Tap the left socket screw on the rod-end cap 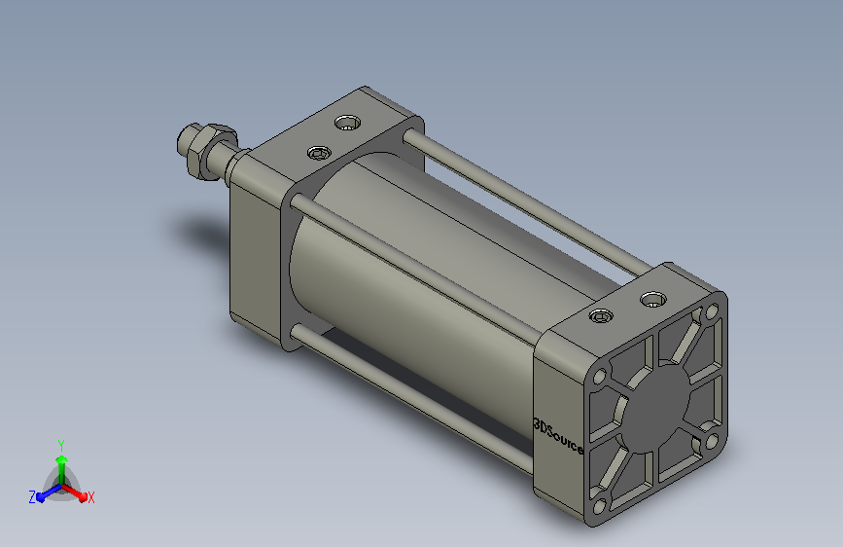[319, 154]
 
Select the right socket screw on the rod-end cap [347, 123]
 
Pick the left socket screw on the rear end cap [601, 316]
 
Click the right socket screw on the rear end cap [653, 300]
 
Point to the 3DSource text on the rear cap [558, 435]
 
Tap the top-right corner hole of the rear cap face [712, 311]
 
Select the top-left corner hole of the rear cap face [599, 376]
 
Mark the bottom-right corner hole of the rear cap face [712, 443]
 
